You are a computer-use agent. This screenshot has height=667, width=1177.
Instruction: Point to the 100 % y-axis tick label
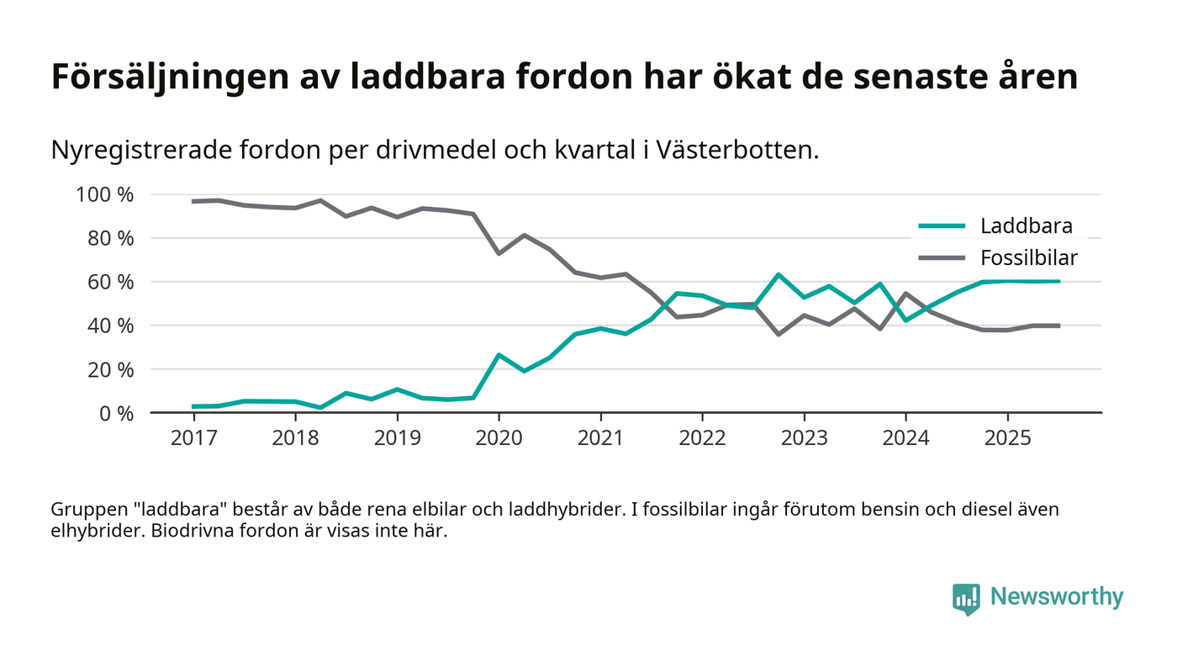click(104, 195)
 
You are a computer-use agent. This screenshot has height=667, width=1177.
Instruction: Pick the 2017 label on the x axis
click(193, 439)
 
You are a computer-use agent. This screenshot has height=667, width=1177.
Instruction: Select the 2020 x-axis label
click(499, 439)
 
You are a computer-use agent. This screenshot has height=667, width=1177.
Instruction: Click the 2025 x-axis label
click(1007, 439)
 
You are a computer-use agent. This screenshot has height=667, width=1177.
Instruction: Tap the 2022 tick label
click(702, 439)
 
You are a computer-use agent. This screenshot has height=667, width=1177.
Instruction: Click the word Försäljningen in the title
click(169, 78)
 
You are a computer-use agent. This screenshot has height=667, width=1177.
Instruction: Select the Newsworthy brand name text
click(1057, 597)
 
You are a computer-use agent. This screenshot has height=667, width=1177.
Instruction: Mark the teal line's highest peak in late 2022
click(779, 274)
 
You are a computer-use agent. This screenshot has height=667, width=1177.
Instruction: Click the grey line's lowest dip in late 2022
click(779, 334)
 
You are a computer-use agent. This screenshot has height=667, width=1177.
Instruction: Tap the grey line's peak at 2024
click(905, 294)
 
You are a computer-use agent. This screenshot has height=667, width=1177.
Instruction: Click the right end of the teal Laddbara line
click(1058, 281)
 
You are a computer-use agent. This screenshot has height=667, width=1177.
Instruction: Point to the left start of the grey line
click(193, 201)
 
